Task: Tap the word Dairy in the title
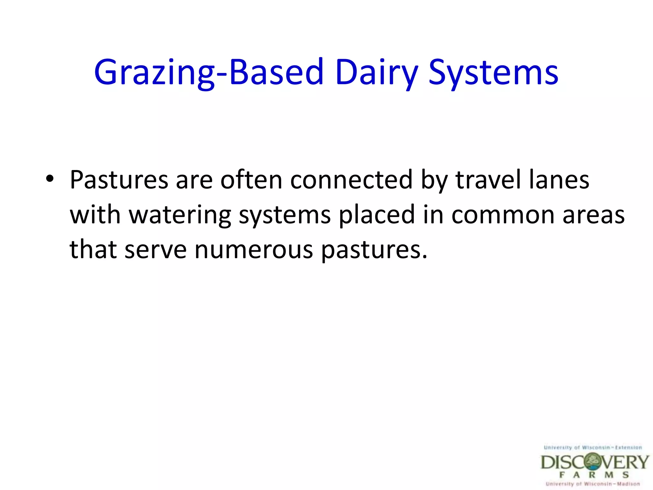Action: click(376, 73)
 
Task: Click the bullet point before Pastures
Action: click(50, 178)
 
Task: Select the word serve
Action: click(156, 250)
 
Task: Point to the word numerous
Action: click(254, 250)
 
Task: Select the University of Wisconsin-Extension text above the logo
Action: click(593, 448)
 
